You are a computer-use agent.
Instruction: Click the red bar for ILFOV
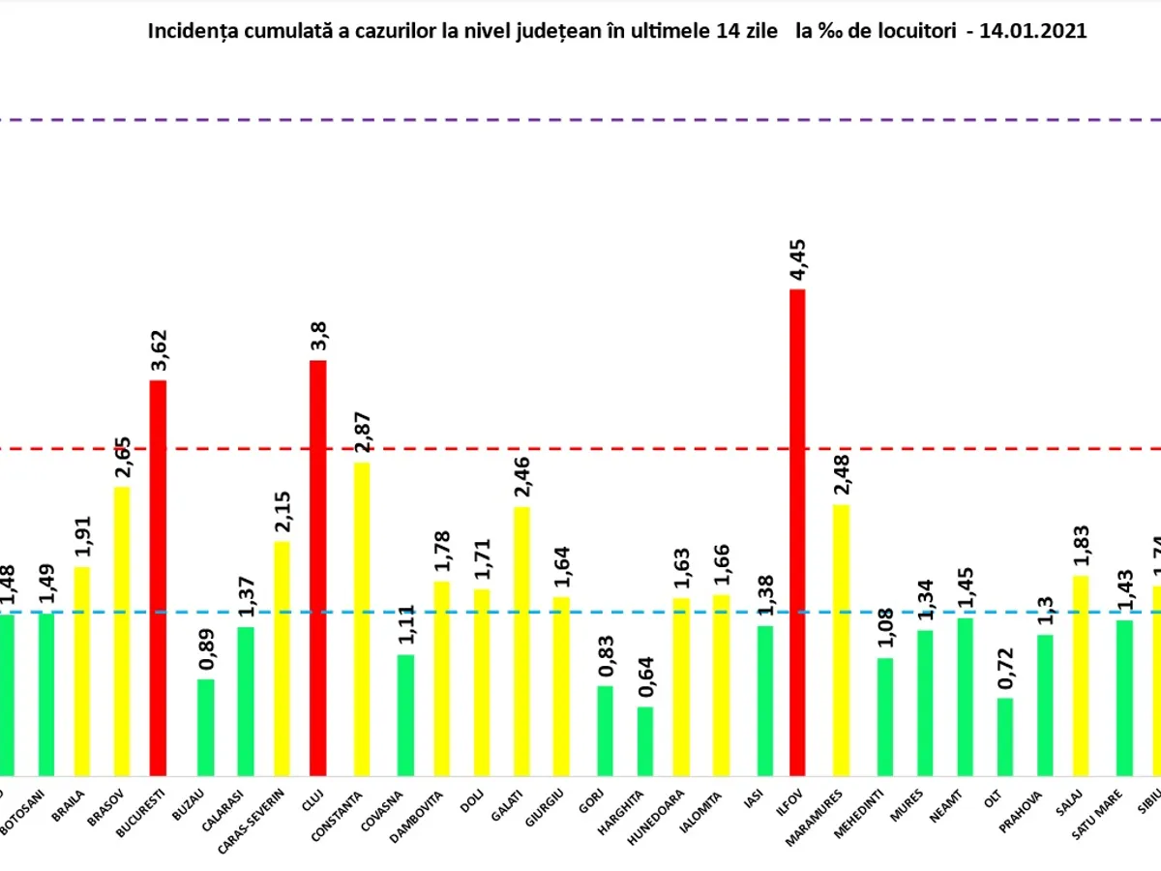pos(797,532)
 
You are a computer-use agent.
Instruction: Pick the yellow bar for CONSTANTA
pos(361,619)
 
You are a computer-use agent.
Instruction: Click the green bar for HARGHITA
pos(644,741)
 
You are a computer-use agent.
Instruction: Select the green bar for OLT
pos(1005,736)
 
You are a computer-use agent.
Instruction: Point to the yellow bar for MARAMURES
pos(841,640)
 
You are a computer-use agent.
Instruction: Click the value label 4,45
pos(799,258)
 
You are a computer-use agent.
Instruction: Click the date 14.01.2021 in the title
pos(1032,31)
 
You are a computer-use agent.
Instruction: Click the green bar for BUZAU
pos(205,727)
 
